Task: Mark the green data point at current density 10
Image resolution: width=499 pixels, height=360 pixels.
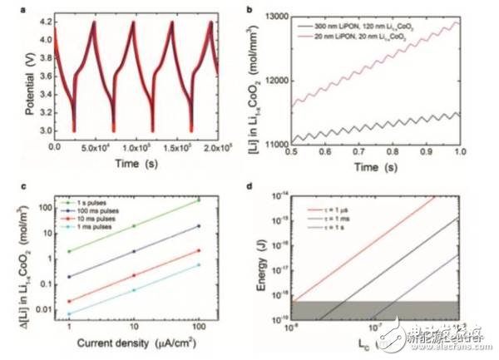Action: (x=134, y=225)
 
